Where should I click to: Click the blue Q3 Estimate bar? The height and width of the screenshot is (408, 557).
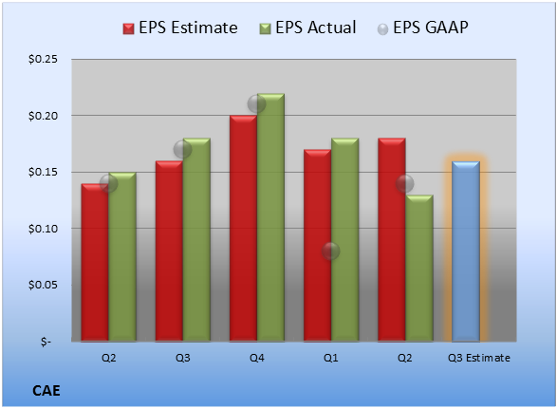466,251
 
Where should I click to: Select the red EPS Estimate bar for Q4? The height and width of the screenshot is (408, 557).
243,229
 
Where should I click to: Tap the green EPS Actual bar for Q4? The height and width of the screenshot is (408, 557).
270,217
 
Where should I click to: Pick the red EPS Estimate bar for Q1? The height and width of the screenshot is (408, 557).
318,246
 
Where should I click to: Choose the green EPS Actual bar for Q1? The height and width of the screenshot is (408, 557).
345,240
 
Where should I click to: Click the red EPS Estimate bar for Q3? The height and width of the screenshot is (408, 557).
169,251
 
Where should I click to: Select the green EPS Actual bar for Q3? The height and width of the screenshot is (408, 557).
196,240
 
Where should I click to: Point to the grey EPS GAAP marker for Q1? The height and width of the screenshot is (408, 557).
331,251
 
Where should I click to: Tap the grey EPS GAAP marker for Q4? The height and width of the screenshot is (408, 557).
256,104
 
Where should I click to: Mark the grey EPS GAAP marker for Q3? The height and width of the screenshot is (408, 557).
182,150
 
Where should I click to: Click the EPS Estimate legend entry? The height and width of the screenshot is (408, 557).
180,28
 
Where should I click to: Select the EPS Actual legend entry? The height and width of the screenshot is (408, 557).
307,28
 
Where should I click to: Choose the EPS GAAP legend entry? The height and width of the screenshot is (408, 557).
422,28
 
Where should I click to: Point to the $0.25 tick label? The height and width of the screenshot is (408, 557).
43,59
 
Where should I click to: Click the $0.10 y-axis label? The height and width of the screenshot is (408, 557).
43,229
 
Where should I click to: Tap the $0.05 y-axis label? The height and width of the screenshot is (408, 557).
43,285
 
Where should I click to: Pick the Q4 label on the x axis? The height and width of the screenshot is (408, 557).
257,358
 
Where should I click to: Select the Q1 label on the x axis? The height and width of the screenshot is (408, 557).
331,358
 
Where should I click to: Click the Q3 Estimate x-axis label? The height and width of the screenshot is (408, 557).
479,358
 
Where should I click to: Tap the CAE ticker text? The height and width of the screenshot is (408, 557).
46,391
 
